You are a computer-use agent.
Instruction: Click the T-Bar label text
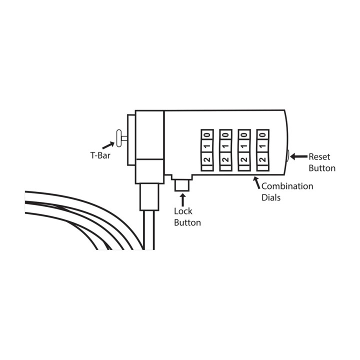[x=100, y=155]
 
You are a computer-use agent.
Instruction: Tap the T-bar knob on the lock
[x=119, y=138]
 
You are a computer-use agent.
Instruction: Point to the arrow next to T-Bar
[x=108, y=145]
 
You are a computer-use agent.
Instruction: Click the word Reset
[x=319, y=157]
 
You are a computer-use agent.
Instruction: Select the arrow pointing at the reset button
[x=298, y=156]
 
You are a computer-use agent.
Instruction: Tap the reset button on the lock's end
[x=287, y=156]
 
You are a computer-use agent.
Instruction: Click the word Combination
[x=287, y=186]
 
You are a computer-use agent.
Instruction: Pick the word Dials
[x=271, y=197]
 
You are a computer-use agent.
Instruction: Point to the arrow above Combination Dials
[x=257, y=182]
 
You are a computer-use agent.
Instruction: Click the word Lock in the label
[x=183, y=211]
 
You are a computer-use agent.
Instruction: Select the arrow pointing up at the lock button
[x=183, y=200]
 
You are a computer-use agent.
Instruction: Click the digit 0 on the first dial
[x=207, y=134]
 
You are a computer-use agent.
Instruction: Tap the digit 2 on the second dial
[x=225, y=159]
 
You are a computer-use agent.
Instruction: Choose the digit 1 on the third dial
[x=244, y=146]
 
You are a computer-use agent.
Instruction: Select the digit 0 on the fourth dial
[x=262, y=134]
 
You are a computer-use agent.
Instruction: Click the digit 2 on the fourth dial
[x=262, y=159]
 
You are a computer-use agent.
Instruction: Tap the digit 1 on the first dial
[x=207, y=146]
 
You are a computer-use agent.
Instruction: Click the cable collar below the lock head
[x=149, y=197]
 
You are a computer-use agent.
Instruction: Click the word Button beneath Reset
[x=322, y=168]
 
